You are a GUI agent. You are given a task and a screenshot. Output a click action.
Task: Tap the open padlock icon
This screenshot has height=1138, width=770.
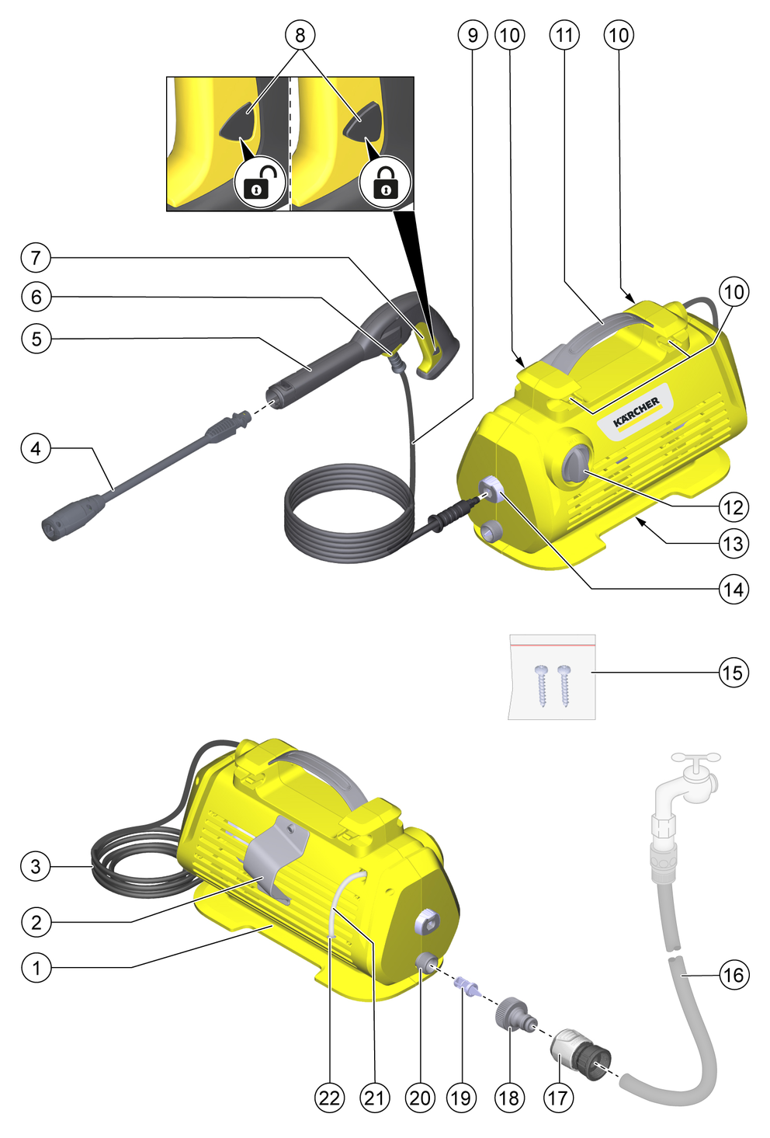259,182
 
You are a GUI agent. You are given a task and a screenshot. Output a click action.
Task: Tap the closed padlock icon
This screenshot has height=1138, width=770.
384,182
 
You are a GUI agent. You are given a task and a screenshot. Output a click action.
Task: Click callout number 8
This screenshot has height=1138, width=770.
300,35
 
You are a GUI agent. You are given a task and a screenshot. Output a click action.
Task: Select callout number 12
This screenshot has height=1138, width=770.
734,507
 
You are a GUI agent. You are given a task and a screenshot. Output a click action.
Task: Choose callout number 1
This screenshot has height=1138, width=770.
36,967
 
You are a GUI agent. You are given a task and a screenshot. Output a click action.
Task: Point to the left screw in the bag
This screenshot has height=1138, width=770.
541,686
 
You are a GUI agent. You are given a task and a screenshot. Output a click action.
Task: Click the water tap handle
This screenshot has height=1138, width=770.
695,757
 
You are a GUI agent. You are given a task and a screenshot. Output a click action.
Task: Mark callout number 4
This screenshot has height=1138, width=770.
36,448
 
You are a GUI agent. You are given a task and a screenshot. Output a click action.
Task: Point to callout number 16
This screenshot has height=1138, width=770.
734,974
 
